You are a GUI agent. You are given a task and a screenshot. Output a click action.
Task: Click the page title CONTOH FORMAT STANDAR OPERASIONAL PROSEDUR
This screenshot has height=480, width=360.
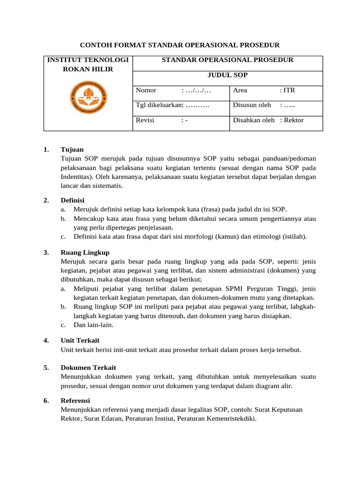180,45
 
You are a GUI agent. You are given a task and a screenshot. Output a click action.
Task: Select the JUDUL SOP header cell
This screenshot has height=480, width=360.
228,75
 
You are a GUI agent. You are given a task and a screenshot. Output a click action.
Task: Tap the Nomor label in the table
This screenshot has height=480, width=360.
146,90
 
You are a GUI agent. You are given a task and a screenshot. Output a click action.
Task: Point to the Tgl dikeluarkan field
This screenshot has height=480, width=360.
172,105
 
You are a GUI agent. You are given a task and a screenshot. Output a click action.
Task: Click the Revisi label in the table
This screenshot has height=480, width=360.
145,120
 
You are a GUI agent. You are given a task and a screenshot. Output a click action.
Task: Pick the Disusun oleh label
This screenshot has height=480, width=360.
252,105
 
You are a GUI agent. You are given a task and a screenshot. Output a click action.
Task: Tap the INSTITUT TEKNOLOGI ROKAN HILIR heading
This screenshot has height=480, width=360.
88,64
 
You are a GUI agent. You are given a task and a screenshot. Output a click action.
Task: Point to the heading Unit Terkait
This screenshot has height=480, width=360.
80,340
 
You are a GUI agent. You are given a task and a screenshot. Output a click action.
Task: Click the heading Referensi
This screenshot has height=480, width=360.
75,400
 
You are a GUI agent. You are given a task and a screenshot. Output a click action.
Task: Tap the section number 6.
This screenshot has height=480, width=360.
46,400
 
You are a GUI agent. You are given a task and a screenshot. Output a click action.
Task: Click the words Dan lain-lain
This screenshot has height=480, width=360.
93,325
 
